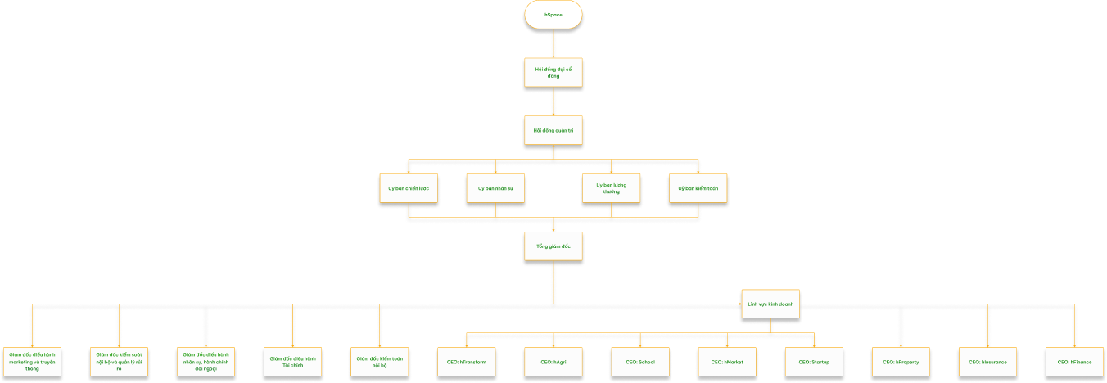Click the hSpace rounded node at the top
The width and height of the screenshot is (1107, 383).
(553, 16)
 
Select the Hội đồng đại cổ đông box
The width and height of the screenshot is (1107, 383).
(553, 72)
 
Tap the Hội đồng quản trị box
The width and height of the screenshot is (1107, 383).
(553, 130)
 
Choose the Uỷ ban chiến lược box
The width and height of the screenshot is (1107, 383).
(409, 188)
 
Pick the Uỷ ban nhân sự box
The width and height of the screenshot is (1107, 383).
(495, 188)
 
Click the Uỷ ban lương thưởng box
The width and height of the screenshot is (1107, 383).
(612, 188)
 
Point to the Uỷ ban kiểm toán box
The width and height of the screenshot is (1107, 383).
(698, 188)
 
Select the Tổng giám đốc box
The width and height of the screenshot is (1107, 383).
(553, 246)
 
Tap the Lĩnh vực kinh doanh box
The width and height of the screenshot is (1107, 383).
(770, 304)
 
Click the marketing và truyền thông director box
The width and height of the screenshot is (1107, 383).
(32, 362)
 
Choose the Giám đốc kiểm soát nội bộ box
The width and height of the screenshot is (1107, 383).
(119, 362)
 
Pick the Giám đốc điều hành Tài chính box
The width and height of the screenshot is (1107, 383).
(293, 362)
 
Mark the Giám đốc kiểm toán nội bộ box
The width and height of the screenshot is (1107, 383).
(380, 362)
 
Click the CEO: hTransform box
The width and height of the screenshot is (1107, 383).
(467, 362)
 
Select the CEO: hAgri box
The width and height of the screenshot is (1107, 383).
(553, 362)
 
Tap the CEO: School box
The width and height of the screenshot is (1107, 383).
(640, 362)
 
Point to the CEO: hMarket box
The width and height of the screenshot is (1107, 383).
(727, 362)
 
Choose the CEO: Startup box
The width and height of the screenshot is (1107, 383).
(814, 362)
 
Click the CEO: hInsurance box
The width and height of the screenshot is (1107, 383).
(987, 362)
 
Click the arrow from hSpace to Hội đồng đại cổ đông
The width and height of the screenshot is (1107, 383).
(553, 43)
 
